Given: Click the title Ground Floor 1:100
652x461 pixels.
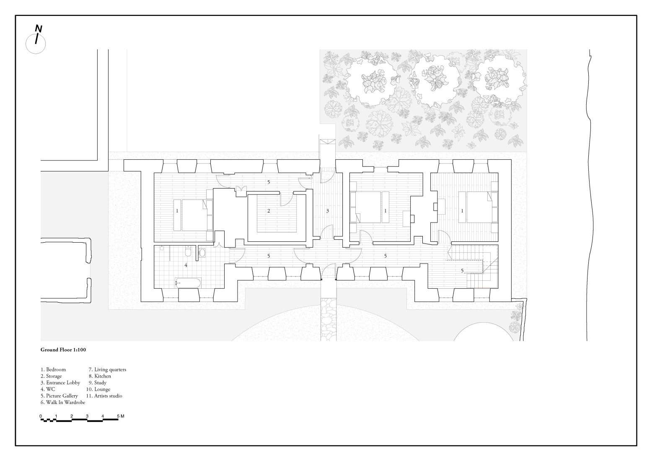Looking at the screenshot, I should (63, 349).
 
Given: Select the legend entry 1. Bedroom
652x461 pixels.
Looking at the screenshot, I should (53, 370).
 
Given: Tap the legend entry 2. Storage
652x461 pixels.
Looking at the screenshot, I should (51, 376).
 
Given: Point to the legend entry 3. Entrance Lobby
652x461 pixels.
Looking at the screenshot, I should (60, 383).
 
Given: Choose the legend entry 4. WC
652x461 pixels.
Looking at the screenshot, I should (48, 389).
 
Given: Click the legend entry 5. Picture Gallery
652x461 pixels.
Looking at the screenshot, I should (59, 396).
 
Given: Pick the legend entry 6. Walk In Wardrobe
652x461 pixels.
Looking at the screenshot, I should (63, 402).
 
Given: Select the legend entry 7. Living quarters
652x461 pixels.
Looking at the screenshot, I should (107, 370).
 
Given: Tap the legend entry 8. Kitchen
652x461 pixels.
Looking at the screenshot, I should (100, 376).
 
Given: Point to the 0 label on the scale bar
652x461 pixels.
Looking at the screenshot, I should (41, 416).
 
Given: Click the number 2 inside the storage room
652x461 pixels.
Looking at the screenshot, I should (269, 211).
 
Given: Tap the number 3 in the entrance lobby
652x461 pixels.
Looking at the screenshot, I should (328, 211).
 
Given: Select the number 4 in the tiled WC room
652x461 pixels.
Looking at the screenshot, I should (186, 265).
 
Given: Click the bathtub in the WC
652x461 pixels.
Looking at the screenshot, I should (187, 283).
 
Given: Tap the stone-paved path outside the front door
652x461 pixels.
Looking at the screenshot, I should (329, 319).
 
